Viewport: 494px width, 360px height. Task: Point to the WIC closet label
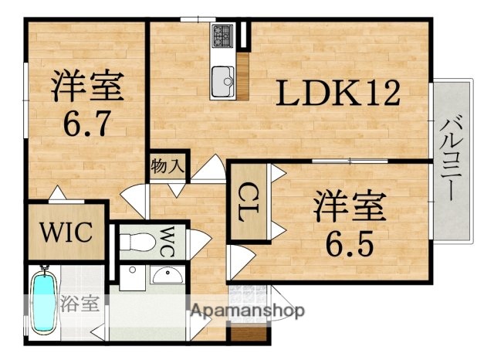(x=67, y=231)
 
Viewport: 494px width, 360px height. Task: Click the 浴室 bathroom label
(x=80, y=302)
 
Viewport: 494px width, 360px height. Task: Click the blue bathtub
(x=43, y=302)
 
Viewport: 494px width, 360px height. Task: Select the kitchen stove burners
(x=224, y=35)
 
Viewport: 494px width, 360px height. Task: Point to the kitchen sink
(x=224, y=77)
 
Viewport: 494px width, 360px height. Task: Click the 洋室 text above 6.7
(x=86, y=87)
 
